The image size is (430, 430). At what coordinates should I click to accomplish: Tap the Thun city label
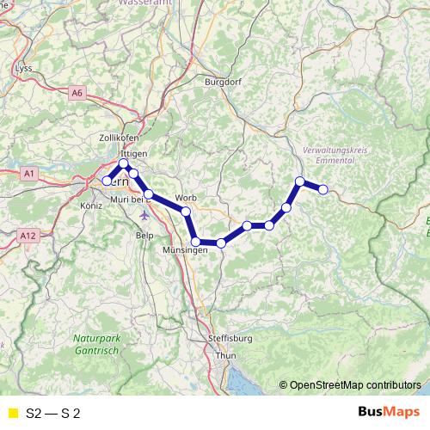[x=226, y=354]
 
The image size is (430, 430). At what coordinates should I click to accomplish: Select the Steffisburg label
[x=229, y=338]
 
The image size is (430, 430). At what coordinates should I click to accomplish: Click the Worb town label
[x=186, y=198]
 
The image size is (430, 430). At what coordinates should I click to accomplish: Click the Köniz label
[x=90, y=206]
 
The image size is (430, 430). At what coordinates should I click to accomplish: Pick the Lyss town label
[x=24, y=67]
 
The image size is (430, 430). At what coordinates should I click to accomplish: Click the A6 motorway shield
[x=78, y=92]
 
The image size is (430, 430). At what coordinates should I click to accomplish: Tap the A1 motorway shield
[x=30, y=174]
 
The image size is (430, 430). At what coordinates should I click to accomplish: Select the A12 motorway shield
[x=28, y=234]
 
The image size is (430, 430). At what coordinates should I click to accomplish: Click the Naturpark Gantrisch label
[x=99, y=343]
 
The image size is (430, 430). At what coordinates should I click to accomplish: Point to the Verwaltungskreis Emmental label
[x=335, y=155]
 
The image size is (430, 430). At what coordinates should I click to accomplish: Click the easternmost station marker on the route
[x=323, y=189]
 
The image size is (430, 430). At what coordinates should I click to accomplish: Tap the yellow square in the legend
[x=12, y=413]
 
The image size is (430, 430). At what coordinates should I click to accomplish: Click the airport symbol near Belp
[x=143, y=213]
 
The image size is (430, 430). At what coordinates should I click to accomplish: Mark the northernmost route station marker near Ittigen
[x=123, y=163]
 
